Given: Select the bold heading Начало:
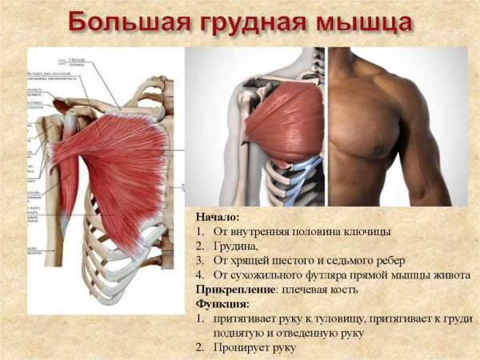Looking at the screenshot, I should click(218, 217).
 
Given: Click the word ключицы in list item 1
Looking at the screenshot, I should click(365, 231).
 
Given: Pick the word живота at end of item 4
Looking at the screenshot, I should click(451, 275).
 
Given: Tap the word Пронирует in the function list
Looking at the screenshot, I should click(242, 348).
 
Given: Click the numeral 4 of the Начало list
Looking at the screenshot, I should click(199, 275).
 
